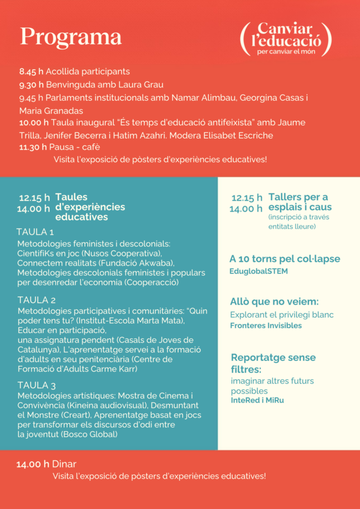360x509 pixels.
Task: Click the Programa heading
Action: coord(71,37)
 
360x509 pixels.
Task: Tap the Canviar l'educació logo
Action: coord(286,39)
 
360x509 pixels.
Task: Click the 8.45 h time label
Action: coord(31,72)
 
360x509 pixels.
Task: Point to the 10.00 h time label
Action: coord(34,122)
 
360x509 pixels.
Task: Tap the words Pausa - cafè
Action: coord(77,147)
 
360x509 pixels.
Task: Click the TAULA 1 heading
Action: coord(35,232)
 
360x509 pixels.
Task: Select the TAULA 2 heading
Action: coord(36,300)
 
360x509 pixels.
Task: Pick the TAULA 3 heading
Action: coord(36,385)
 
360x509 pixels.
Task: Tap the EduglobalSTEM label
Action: coord(259,271)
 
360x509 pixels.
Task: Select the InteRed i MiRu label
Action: coord(257,400)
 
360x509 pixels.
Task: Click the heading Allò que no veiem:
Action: coord(274,302)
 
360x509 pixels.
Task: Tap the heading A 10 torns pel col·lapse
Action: coord(284,259)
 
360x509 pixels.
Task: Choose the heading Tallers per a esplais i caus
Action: coord(300,202)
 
